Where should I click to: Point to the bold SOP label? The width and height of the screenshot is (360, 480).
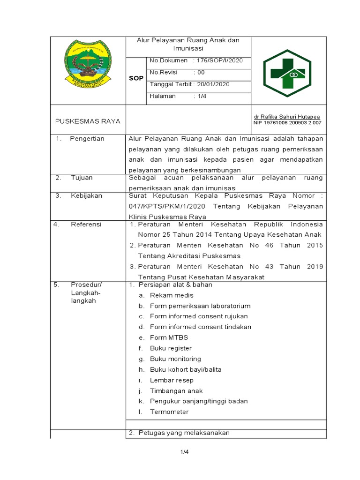136,79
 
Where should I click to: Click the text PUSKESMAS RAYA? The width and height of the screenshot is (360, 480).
88,121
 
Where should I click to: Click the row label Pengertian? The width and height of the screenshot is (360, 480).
87,139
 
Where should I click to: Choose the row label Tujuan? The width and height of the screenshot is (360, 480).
82,178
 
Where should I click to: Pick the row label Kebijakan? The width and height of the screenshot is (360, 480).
86,195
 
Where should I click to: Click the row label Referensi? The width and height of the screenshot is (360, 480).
86,225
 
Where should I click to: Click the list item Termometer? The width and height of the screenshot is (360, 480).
169,412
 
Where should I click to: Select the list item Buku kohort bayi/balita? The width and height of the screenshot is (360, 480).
186,369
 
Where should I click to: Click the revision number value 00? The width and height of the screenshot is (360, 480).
201,72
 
